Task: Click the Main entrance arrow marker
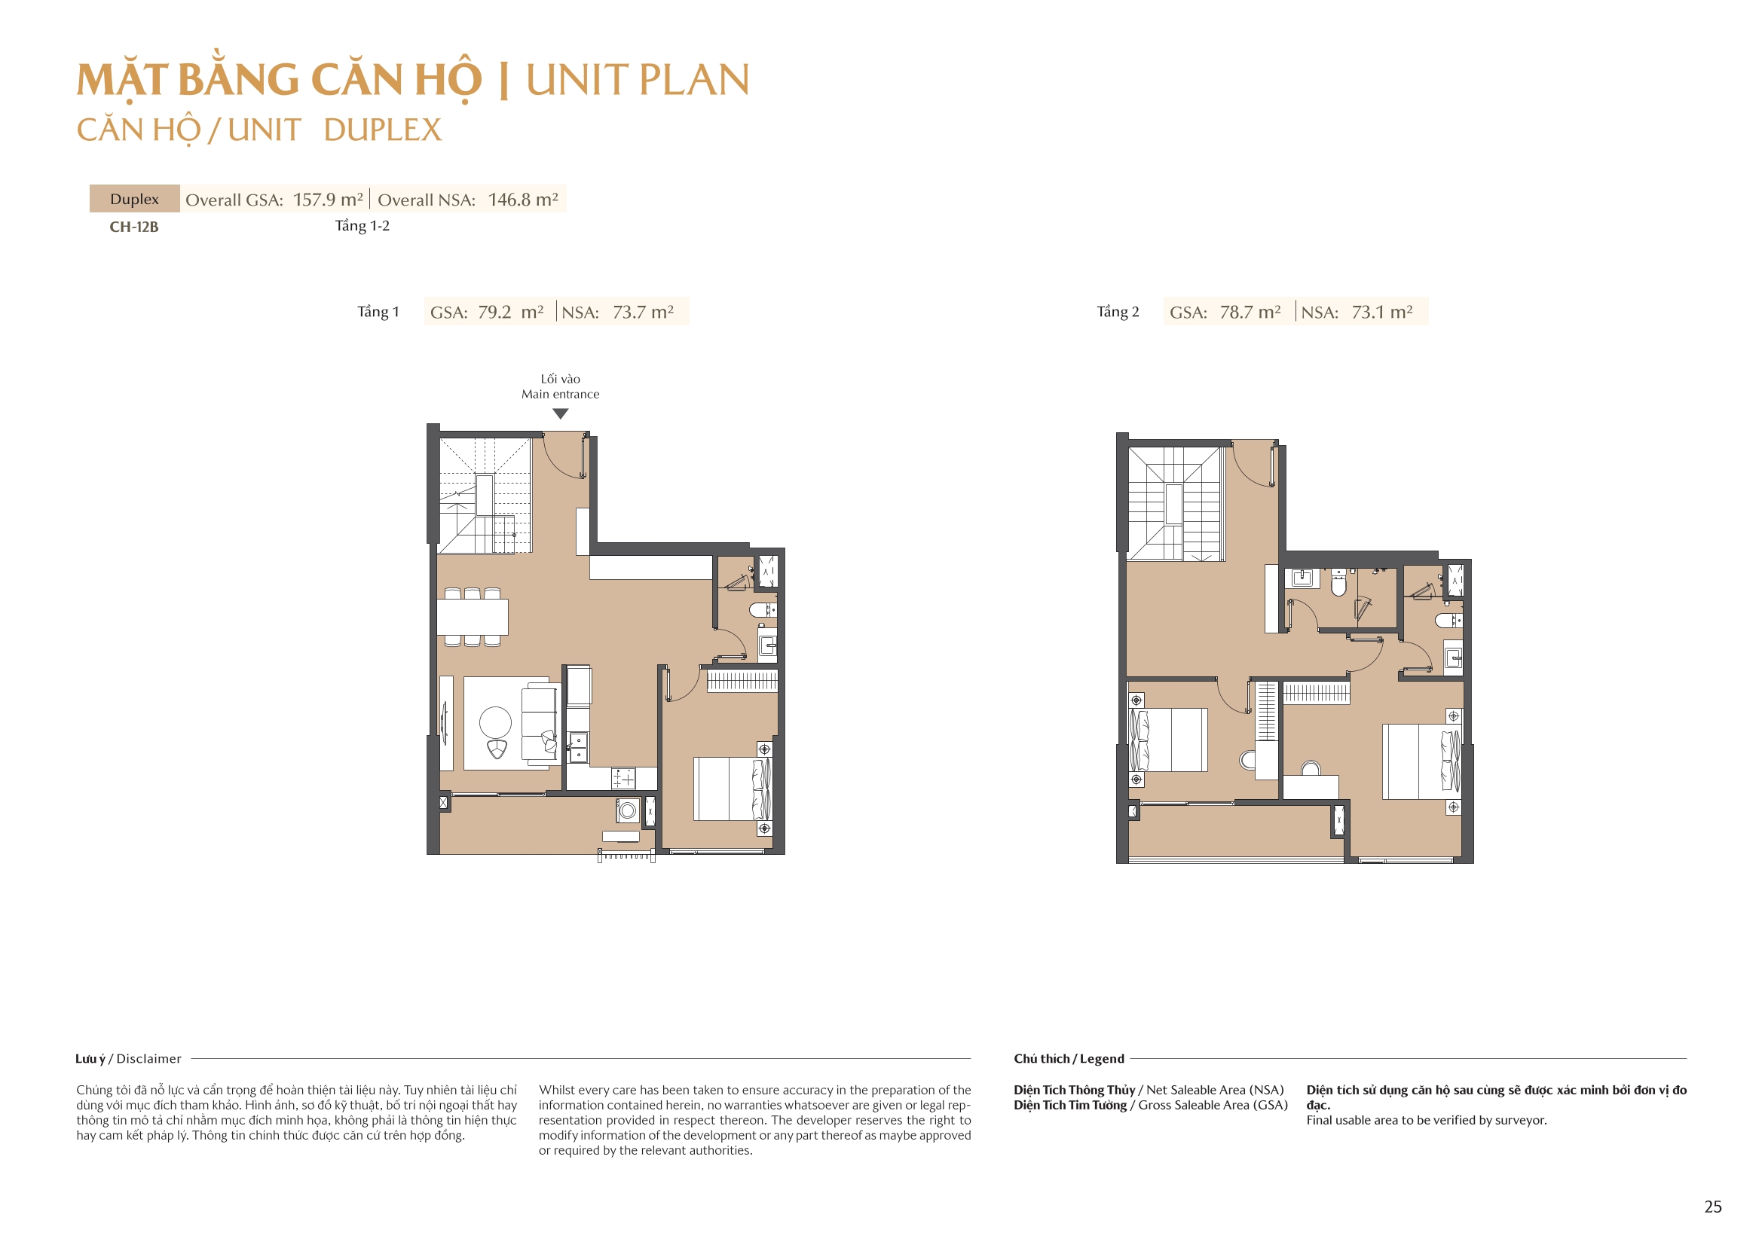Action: (x=560, y=413)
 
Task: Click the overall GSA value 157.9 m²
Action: (x=328, y=200)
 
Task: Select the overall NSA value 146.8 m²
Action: (x=522, y=200)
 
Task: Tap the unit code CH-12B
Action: (x=133, y=227)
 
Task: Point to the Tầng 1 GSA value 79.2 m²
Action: (x=510, y=313)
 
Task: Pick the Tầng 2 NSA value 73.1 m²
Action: (x=1381, y=313)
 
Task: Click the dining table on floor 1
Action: (x=473, y=617)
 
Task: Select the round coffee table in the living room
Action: (x=495, y=722)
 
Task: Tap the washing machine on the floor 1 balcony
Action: (x=628, y=810)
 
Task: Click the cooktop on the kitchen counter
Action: (x=623, y=780)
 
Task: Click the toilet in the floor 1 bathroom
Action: (x=761, y=611)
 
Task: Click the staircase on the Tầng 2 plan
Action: (x=1173, y=504)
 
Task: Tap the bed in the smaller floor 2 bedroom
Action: (x=1169, y=740)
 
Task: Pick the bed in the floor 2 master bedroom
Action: (x=1420, y=761)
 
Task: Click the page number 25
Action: (x=1712, y=1207)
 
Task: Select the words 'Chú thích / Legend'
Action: (x=1068, y=1059)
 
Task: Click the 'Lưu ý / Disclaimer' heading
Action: (x=128, y=1059)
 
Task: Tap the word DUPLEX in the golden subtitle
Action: (x=382, y=130)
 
